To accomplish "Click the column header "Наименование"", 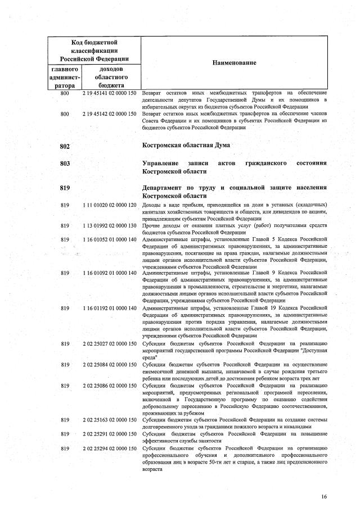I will point(234,62).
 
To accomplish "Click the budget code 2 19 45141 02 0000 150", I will point(110,93).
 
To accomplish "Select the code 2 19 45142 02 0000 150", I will point(110,114).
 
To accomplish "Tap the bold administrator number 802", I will point(64,147).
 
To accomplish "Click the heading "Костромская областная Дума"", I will point(187,146).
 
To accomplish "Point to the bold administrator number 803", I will point(64,164).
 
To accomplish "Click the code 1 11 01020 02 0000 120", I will point(110,205).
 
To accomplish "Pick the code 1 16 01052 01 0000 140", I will point(110,239).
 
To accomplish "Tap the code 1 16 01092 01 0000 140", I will point(110,273).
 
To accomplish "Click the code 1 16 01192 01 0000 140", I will point(110,307).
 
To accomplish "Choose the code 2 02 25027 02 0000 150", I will point(110,343).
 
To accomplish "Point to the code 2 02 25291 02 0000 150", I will point(110,434).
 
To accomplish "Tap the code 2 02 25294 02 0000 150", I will point(110,448).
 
